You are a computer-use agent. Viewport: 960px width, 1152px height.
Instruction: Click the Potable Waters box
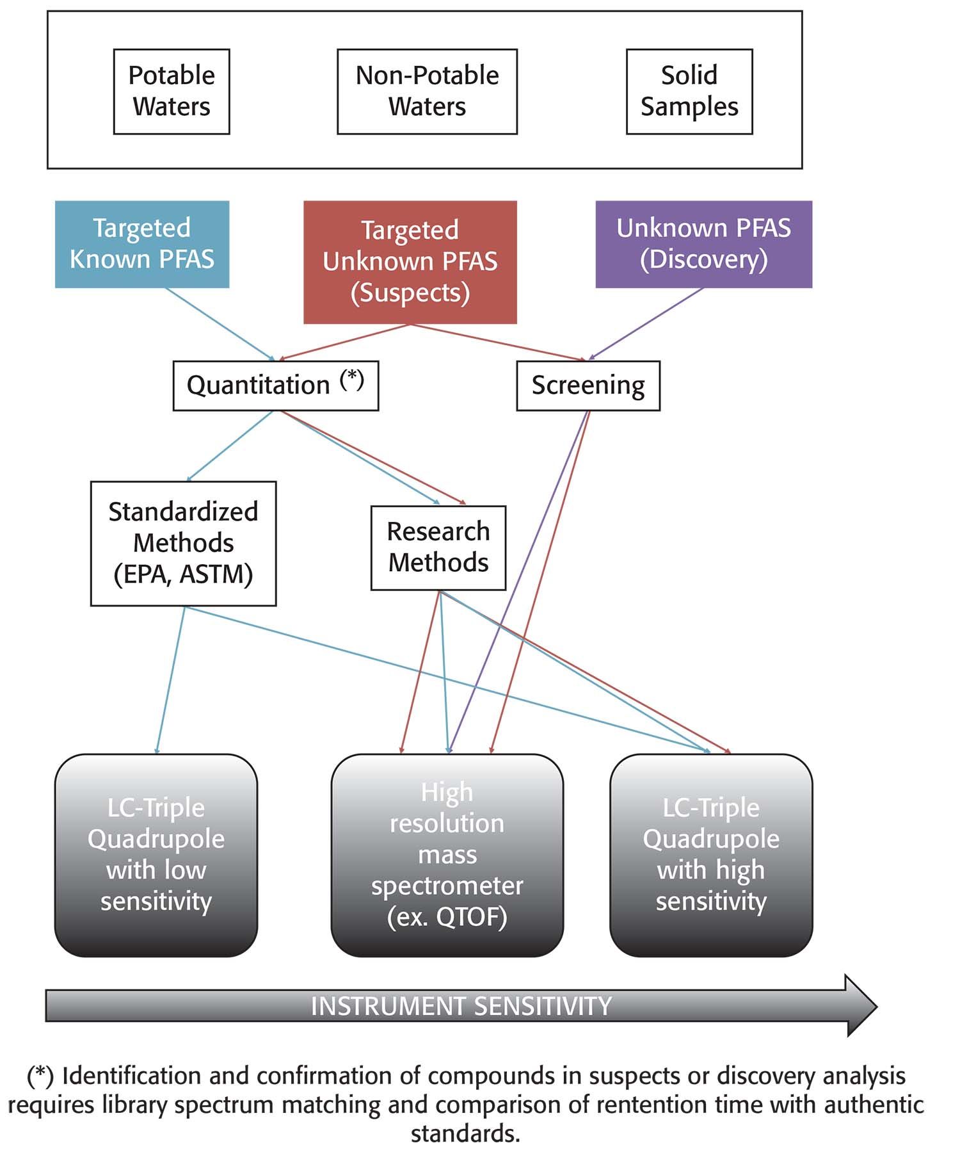[172, 91]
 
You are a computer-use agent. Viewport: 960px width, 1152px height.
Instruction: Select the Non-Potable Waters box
[427, 91]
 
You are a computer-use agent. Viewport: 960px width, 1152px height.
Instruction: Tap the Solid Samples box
[689, 91]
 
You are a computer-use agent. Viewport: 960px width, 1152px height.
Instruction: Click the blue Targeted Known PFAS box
[141, 244]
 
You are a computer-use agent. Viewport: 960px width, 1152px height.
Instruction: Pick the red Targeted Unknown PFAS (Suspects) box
[410, 261]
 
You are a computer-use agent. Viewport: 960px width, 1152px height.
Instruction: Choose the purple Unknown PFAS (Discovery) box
[703, 244]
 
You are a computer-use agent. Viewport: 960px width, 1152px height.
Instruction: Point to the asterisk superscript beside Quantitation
[352, 379]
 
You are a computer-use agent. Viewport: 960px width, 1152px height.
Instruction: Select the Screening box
[588, 385]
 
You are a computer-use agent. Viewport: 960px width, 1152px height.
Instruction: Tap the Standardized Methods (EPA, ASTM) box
[183, 543]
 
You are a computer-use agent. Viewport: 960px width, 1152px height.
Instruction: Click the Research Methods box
[438, 548]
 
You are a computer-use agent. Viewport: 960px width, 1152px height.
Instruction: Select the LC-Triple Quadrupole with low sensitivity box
[156, 855]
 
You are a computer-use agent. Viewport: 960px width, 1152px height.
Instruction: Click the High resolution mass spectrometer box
[447, 855]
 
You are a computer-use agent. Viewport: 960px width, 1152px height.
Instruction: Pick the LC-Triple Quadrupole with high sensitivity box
[710, 855]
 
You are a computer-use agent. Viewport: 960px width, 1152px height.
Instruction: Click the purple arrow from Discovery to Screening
[646, 323]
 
